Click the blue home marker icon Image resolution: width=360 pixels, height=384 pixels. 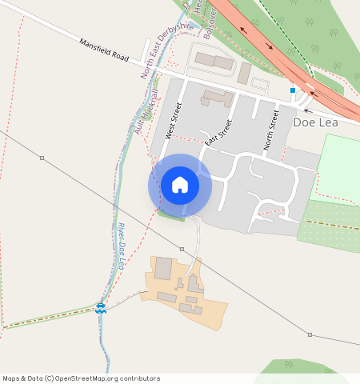tap(180, 185)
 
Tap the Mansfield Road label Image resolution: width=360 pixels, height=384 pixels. tap(104, 50)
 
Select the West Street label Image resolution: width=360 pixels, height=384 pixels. tap(174, 121)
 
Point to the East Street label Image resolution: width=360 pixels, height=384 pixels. tap(218, 132)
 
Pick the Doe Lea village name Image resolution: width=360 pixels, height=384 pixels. tap(315, 122)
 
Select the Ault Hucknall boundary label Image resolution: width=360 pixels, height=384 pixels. tap(146, 111)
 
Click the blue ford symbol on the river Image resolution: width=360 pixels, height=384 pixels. tap(101, 307)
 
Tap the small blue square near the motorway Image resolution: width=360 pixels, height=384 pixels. tap(293, 90)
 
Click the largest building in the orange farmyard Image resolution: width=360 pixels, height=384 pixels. tap(163, 269)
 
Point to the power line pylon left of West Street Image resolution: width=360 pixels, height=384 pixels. tap(42, 158)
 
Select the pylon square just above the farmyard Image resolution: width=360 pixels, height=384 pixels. tap(182, 250)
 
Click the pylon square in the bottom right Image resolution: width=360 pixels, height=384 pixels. tap(310, 335)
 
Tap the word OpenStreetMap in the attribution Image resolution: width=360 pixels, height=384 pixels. tap(82, 378)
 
